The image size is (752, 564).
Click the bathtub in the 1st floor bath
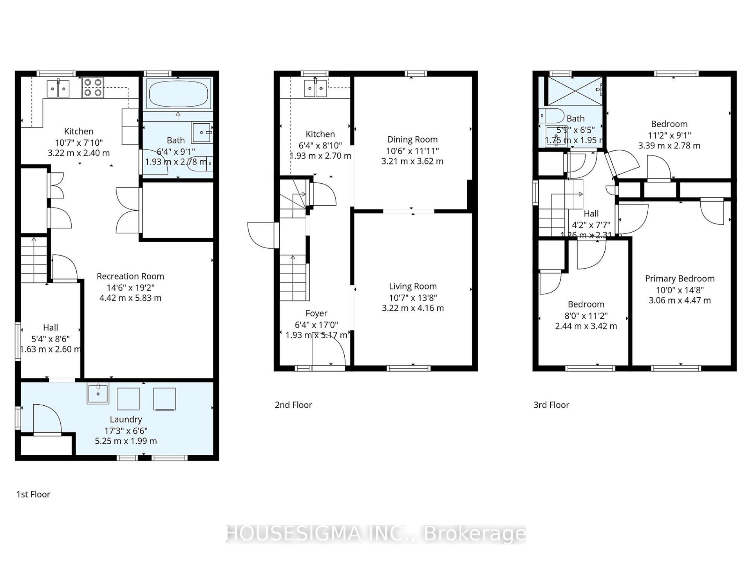(x=179, y=94)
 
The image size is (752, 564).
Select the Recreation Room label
(x=130, y=276)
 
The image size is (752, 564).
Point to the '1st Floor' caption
(x=33, y=494)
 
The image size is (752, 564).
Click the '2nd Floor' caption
(x=293, y=405)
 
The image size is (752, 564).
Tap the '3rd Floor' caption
(x=551, y=405)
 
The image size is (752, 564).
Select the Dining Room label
(x=412, y=139)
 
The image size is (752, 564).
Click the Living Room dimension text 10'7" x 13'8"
(x=413, y=297)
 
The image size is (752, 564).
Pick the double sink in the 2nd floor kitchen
(x=316, y=88)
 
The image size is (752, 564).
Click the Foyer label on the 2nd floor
(x=316, y=313)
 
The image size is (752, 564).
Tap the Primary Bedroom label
(x=679, y=278)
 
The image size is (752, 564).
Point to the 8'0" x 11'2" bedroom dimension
(x=586, y=315)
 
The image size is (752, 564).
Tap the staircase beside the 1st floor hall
(x=34, y=260)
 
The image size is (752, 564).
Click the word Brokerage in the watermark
(x=475, y=534)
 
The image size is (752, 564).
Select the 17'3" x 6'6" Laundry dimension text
(x=125, y=430)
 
